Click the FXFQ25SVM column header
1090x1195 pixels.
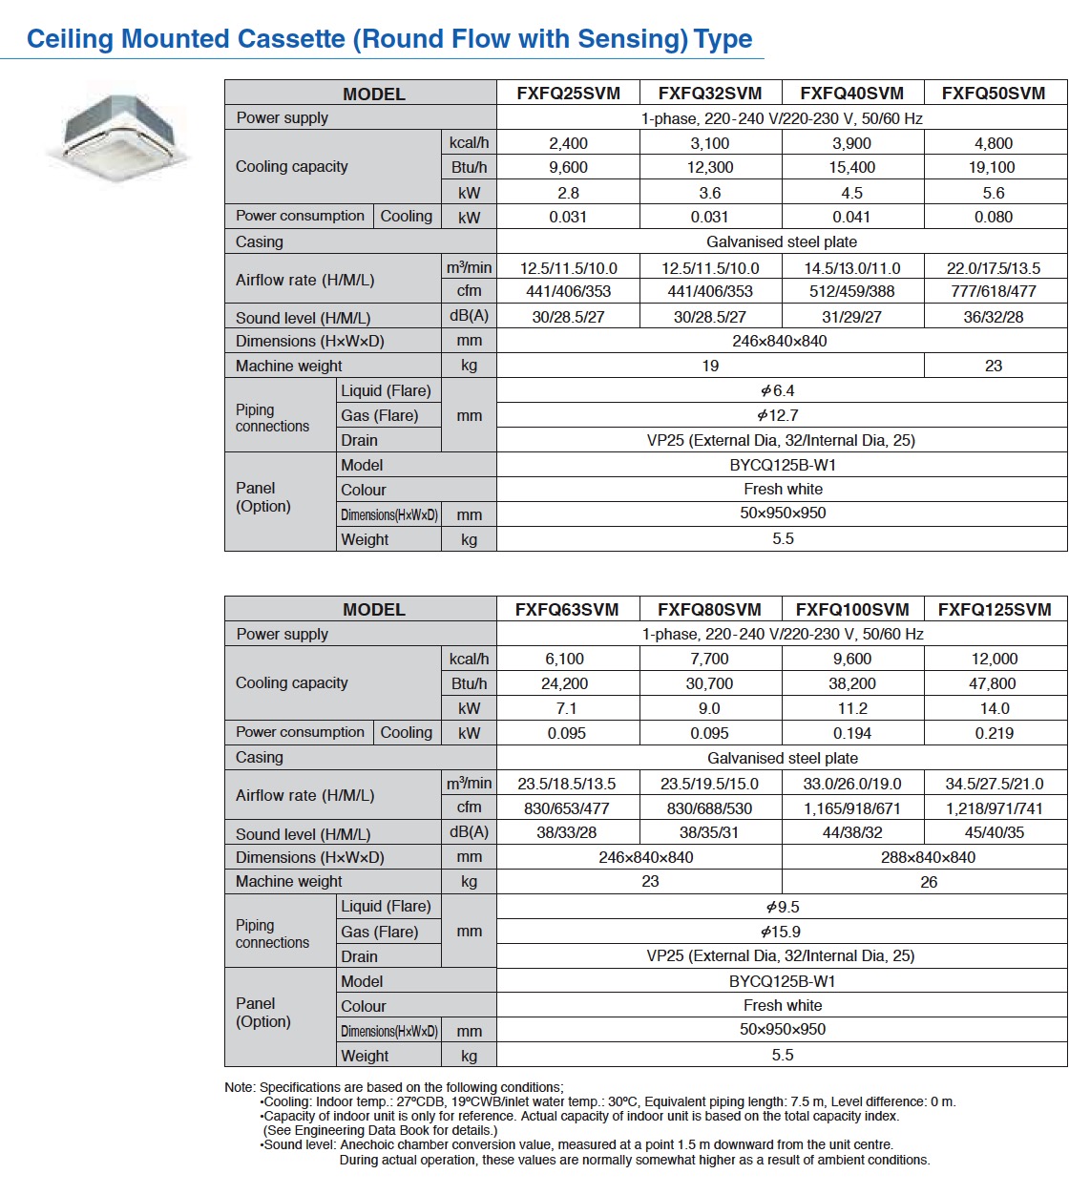[x=568, y=93]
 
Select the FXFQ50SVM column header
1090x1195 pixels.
[x=994, y=93]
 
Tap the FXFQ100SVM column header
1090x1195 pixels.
[x=852, y=609]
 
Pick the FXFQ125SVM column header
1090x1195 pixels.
[x=995, y=609]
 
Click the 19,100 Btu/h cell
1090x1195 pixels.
[x=993, y=167]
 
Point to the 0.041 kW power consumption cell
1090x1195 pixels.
[x=851, y=217]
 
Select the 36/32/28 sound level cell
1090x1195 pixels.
[x=993, y=317]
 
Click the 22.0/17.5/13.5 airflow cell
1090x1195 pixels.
[x=994, y=268]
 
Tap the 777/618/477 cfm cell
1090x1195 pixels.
[x=994, y=291]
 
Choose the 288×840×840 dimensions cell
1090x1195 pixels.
[x=928, y=857]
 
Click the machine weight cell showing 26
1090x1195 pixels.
[x=929, y=882]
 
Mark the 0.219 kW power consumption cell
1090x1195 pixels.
[x=995, y=733]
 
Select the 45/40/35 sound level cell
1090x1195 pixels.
[x=995, y=832]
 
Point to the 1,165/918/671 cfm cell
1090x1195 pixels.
[x=852, y=808]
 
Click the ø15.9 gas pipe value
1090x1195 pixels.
[x=781, y=932]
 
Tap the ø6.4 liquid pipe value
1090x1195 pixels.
[x=778, y=390]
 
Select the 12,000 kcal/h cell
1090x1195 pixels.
[x=995, y=659]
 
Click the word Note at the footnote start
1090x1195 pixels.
[x=239, y=1087]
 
